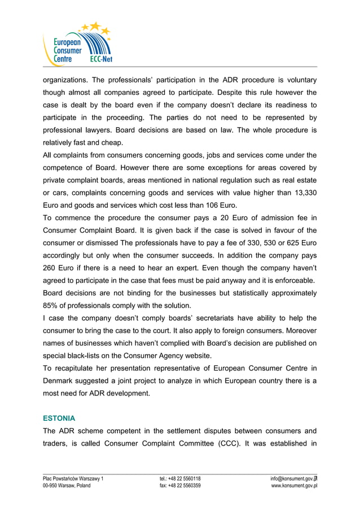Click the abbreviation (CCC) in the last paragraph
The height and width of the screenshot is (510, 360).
[x=229, y=443]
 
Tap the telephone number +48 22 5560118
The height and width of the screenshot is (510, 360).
[x=179, y=478]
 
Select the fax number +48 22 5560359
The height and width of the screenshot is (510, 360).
[x=179, y=486]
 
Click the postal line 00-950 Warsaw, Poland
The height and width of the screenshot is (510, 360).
[x=67, y=486]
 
